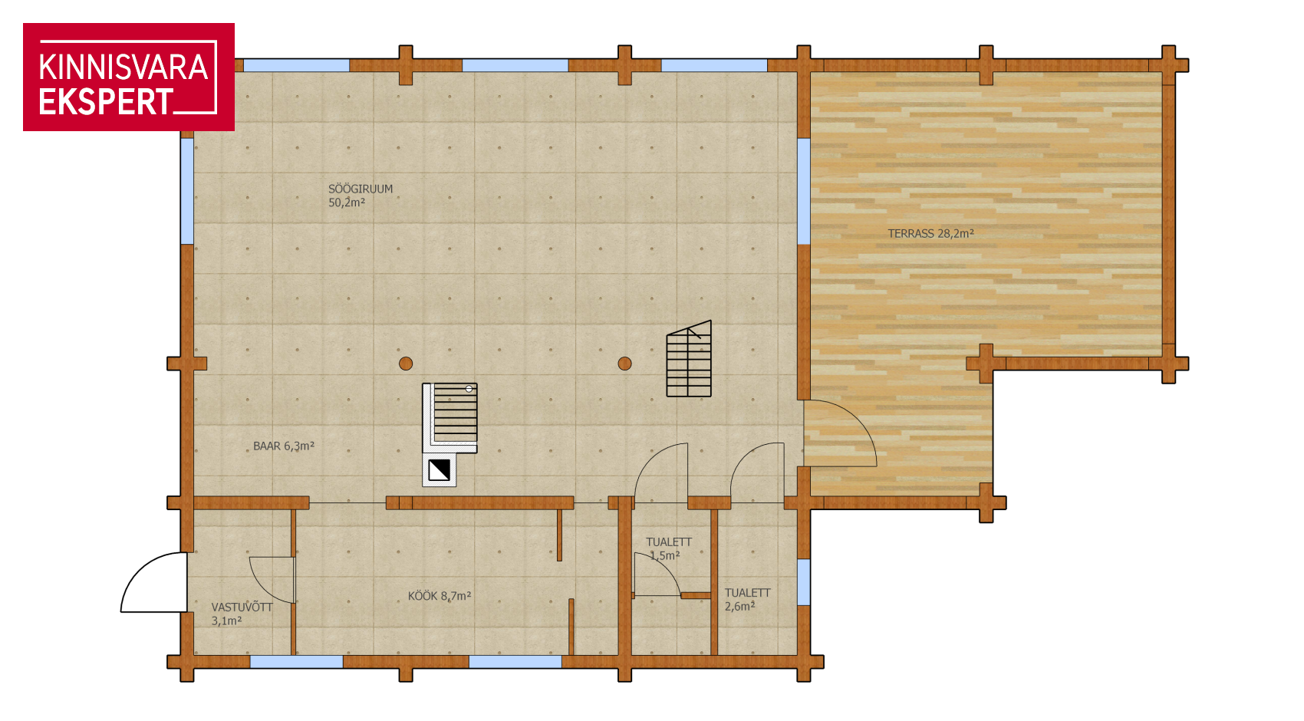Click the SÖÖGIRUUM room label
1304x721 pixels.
pos(360,196)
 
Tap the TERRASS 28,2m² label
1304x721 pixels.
pos(930,233)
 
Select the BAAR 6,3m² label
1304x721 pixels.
pos(284,446)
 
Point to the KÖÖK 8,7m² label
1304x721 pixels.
pos(439,596)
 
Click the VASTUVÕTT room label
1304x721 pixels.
pos(242,614)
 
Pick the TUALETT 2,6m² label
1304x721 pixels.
pos(747,599)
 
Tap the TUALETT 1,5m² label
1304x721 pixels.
pos(668,548)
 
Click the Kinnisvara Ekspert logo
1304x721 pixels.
pos(129,77)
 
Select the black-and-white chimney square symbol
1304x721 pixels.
pos(439,470)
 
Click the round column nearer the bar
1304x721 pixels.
pos(406,364)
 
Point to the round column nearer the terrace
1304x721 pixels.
pos(624,364)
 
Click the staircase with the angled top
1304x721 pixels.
pos(689,358)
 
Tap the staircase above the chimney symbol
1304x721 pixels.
pos(450,417)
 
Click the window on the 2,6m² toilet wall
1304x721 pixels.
pos(803,582)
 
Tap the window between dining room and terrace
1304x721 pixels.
pos(803,191)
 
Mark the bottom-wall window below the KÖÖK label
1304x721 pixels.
pos(515,662)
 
